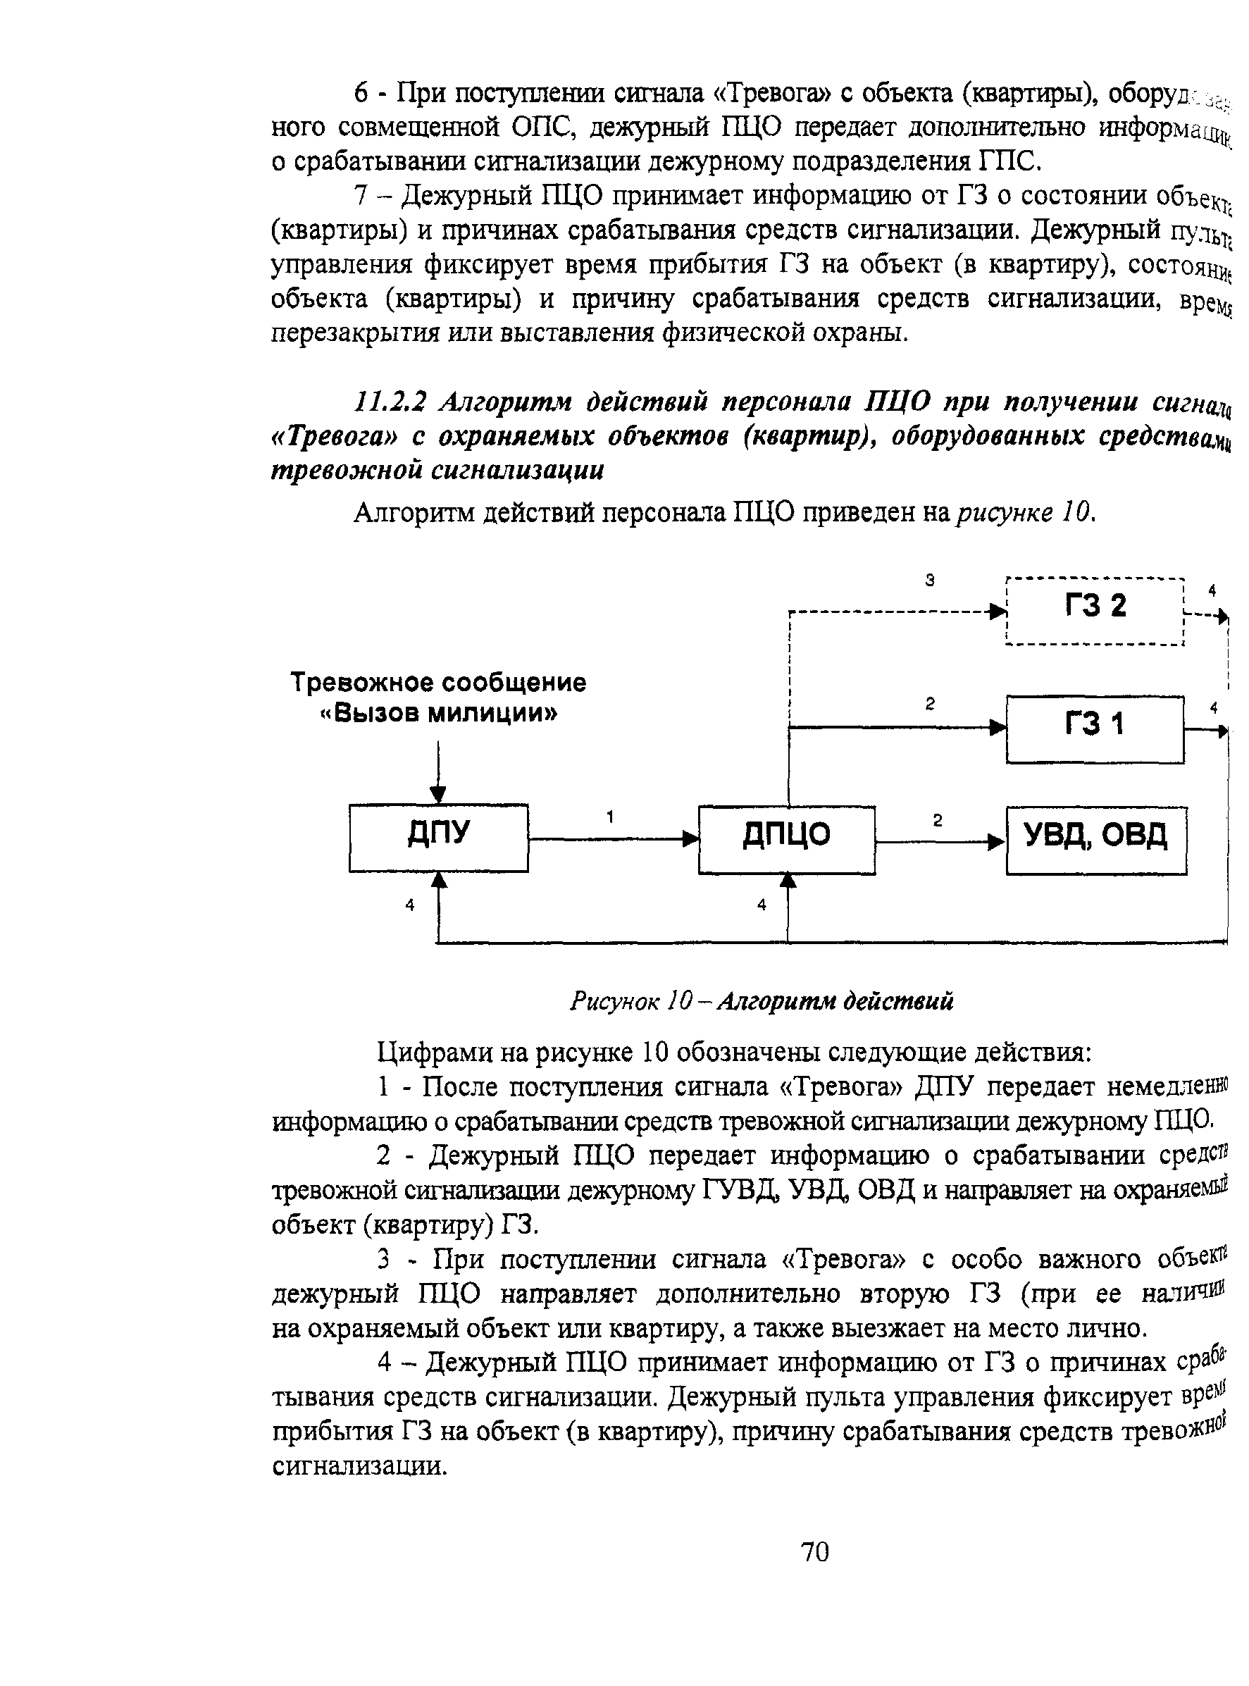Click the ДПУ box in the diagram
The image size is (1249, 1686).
point(438,837)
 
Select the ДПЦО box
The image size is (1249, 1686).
point(786,839)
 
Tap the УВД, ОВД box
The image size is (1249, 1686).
point(1095,840)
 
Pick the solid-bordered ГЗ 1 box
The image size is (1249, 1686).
point(1095,729)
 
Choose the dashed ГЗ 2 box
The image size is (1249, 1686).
point(1095,610)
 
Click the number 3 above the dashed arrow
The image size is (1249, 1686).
point(930,580)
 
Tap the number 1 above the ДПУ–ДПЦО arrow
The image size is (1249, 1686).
point(610,817)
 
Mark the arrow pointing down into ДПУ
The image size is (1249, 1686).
point(437,771)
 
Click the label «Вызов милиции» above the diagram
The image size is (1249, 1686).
point(438,713)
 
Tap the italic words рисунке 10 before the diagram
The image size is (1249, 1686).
point(1024,514)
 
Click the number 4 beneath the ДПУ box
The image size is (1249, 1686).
point(410,904)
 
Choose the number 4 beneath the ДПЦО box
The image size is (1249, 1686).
point(762,904)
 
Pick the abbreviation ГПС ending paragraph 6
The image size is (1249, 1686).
point(1009,161)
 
